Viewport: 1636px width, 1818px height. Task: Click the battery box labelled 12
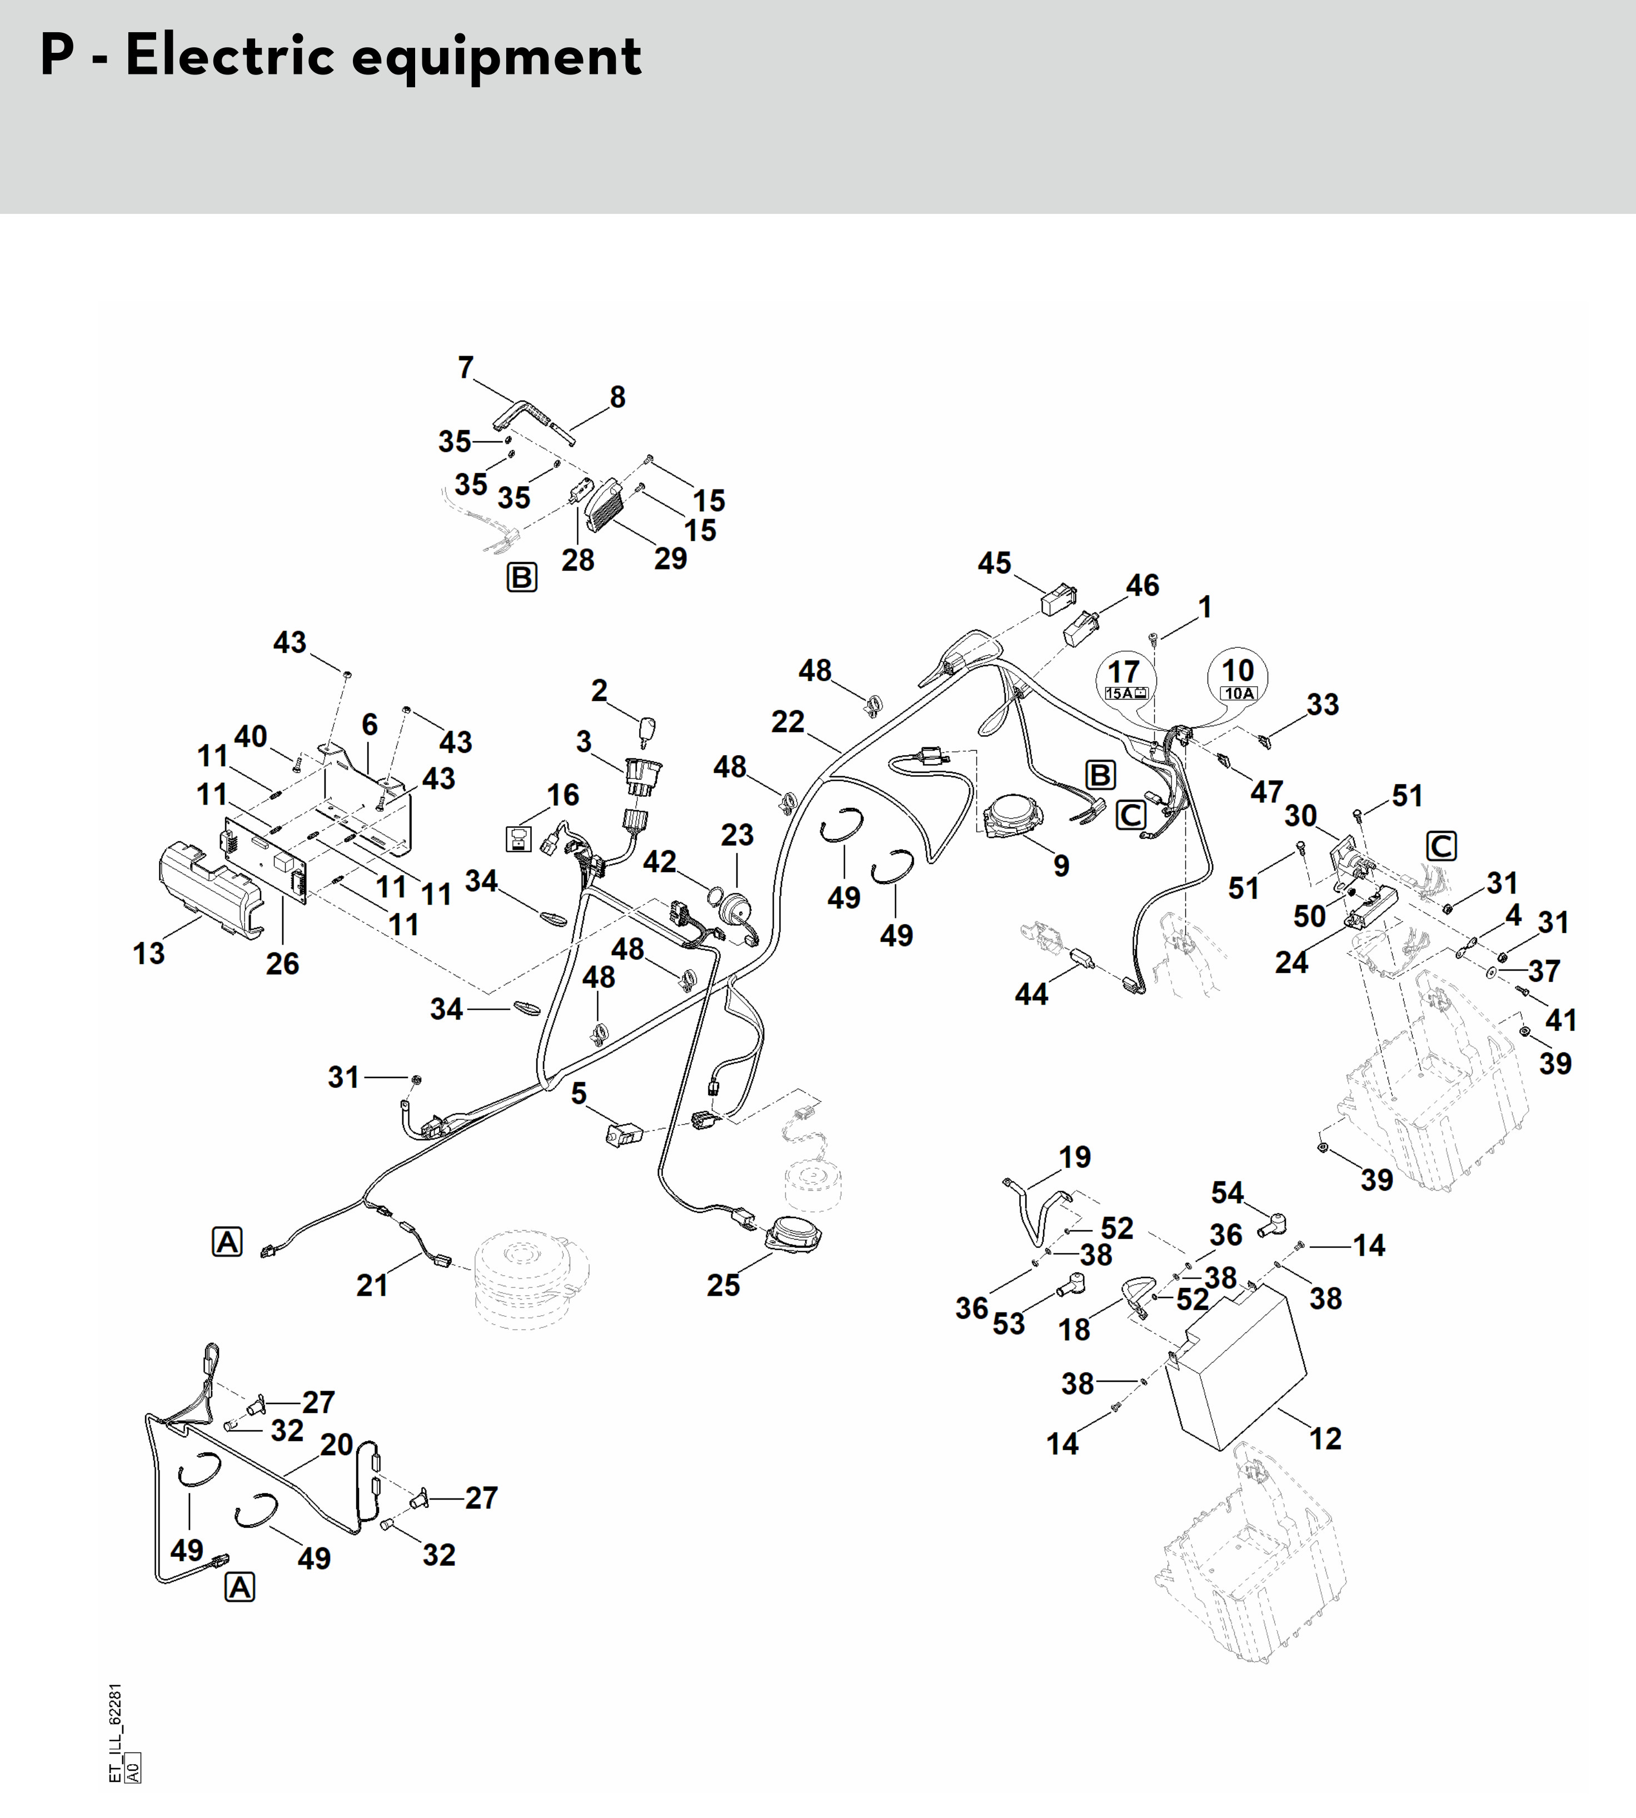(x=1235, y=1366)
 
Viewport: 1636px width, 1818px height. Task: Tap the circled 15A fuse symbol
(x=1125, y=678)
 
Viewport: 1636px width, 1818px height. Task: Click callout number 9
(x=1061, y=866)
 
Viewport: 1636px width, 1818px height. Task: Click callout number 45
(x=994, y=563)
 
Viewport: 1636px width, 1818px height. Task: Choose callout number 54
(x=1227, y=1192)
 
